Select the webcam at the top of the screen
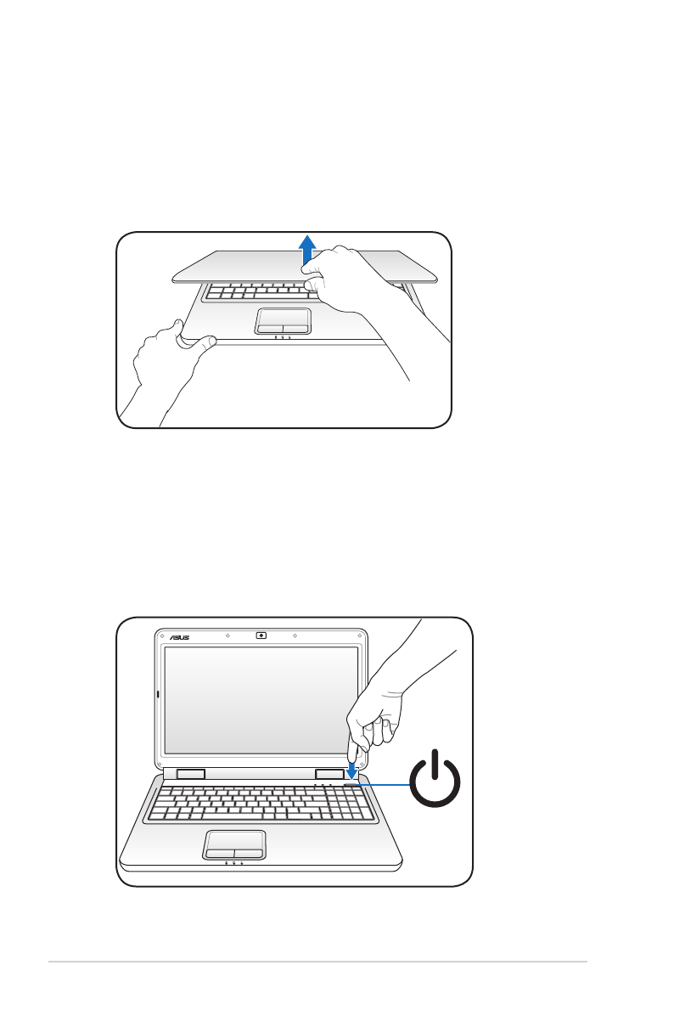click(x=261, y=635)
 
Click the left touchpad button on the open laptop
click(x=221, y=850)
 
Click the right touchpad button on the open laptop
click(x=249, y=850)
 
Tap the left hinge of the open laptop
click(x=191, y=774)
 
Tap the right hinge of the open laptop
click(x=328, y=774)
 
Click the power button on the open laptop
click(x=351, y=783)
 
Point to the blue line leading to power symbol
click(x=386, y=784)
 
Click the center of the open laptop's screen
click(x=261, y=700)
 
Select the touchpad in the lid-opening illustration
click(x=283, y=321)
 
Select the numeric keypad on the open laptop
click(x=357, y=803)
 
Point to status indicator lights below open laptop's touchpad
click(x=233, y=863)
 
